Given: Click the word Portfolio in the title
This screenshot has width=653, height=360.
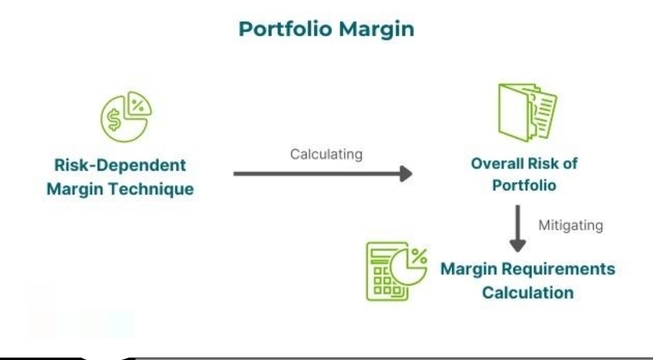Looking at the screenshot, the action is (285, 29).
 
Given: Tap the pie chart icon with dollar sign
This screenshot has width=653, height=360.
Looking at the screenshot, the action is (126, 117).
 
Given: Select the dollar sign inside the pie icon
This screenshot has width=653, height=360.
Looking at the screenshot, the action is (114, 120).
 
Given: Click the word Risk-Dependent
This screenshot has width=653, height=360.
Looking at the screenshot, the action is (120, 165).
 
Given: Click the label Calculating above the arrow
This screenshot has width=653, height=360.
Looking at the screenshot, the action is (326, 154).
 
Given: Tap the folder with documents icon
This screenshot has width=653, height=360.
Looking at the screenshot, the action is (528, 113).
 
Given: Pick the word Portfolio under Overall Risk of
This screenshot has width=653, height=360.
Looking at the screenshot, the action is (524, 185).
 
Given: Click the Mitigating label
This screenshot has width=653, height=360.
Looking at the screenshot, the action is (571, 226).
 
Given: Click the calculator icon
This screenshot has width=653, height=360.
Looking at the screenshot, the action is (388, 271).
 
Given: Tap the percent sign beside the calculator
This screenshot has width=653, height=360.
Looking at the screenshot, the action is (419, 256).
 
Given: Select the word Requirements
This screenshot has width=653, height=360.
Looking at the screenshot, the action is (559, 269).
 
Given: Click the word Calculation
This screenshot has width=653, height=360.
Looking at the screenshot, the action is (528, 292).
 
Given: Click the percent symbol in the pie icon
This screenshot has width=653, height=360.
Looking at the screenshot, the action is (138, 105).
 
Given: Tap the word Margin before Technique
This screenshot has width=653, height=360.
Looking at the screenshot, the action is (74, 189).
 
